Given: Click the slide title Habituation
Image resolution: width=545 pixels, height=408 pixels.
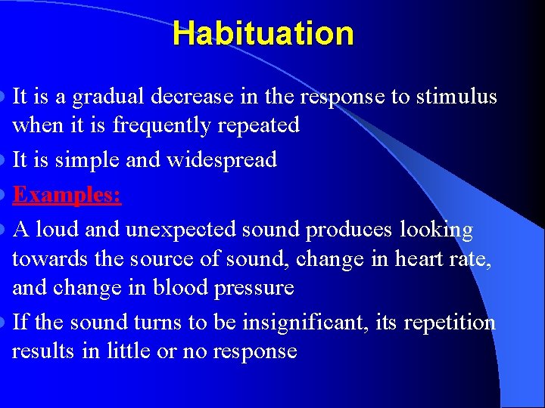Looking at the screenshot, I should point(263,34).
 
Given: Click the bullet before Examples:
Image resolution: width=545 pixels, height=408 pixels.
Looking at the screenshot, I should point(6,195).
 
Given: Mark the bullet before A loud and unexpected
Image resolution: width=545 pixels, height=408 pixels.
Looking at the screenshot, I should point(6,230).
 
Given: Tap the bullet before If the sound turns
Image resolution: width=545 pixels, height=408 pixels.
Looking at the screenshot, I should point(6,323).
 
